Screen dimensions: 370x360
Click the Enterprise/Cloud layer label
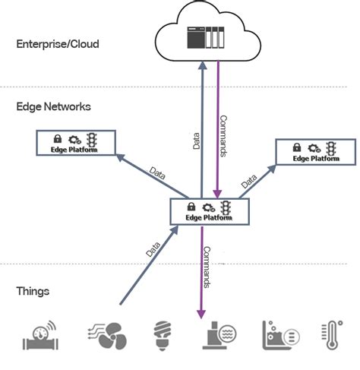tap(58, 44)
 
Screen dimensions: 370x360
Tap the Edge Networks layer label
tap(53, 106)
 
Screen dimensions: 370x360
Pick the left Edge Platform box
tap(77, 144)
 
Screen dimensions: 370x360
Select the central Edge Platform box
tap(209, 211)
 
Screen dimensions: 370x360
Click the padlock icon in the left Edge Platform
tap(58, 140)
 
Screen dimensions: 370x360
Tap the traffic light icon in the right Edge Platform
tap(332, 147)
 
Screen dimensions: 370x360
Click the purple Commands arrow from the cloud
tap(218, 129)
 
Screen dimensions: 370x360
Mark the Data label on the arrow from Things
tap(151, 246)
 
